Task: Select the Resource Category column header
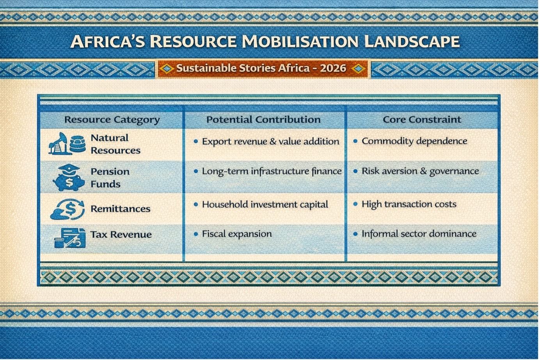point(112,120)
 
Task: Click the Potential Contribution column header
point(263,119)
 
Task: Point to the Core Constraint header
point(422,119)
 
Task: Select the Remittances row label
point(120,209)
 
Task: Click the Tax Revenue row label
point(121,235)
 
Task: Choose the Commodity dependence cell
point(414,141)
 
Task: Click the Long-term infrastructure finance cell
point(272,171)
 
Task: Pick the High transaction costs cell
point(409,204)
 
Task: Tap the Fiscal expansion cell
point(237,234)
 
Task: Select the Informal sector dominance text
point(419,233)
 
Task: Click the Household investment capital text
point(265,205)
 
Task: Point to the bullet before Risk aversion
point(355,171)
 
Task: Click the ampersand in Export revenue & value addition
point(273,141)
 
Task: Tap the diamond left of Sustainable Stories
point(167,69)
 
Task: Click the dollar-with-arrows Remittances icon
point(68,209)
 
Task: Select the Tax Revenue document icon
point(70,238)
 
